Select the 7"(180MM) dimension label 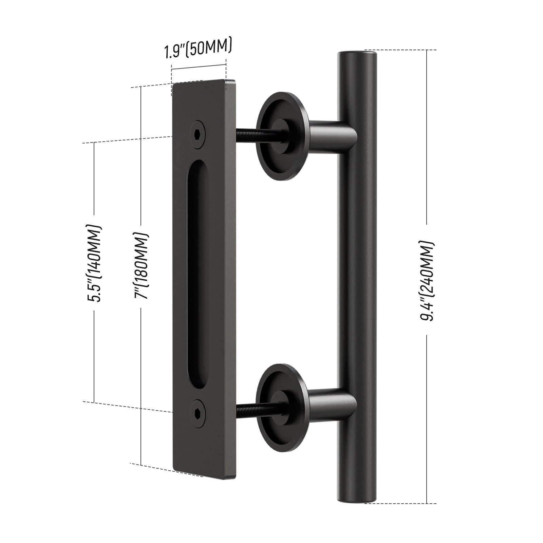[x=141, y=266]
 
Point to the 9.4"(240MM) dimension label [x=427, y=280]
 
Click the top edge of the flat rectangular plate [x=199, y=82]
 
